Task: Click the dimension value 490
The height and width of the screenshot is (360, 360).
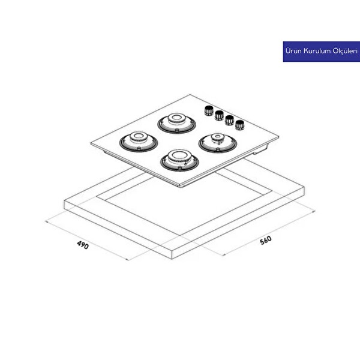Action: point(83,245)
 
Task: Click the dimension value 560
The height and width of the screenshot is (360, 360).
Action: point(266,240)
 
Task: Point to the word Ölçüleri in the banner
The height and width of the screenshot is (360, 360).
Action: point(345,51)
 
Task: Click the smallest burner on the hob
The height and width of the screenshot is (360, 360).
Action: point(217,143)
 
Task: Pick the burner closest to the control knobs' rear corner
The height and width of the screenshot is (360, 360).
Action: point(176,123)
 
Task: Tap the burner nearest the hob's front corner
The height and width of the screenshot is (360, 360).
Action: point(179,160)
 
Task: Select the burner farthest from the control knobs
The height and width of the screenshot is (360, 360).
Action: point(139,142)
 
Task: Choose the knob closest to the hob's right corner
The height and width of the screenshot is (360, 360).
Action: point(239,125)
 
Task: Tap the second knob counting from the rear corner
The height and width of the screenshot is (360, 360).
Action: point(219,115)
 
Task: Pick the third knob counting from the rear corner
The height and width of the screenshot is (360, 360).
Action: point(229,120)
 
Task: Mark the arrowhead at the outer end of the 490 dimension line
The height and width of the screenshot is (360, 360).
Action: point(46,222)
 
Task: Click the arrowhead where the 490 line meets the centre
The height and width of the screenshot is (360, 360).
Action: point(127,260)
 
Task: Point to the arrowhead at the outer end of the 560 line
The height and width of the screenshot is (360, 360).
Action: point(314,211)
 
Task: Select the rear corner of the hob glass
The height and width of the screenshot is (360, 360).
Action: point(190,95)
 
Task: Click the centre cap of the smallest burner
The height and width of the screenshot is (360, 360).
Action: point(217,137)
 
